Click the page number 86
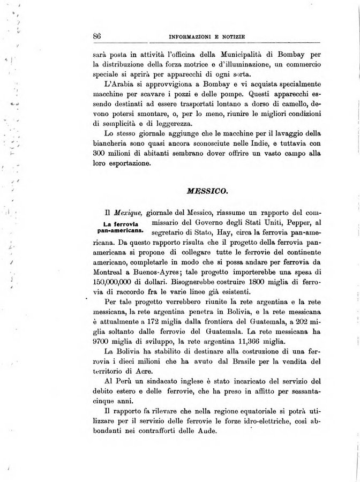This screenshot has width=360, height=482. [x=97, y=36]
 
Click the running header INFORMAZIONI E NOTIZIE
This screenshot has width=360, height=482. [x=207, y=37]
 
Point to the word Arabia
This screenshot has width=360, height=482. [x=124, y=84]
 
